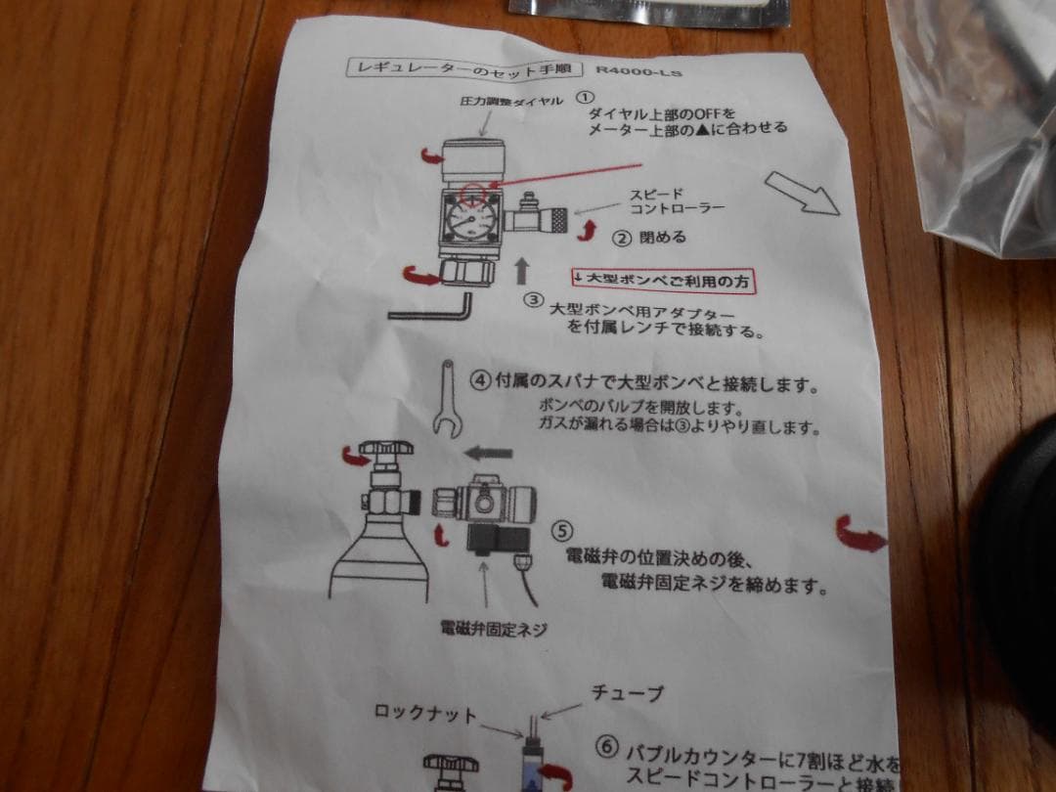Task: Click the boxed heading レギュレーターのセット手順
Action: pyautogui.click(x=469, y=67)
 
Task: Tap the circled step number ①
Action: pyautogui.click(x=584, y=97)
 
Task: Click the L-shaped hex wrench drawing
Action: pyautogui.click(x=431, y=308)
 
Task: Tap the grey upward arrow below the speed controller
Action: pyautogui.click(x=522, y=270)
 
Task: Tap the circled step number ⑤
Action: pyautogui.click(x=561, y=531)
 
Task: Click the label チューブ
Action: pyautogui.click(x=627, y=693)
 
